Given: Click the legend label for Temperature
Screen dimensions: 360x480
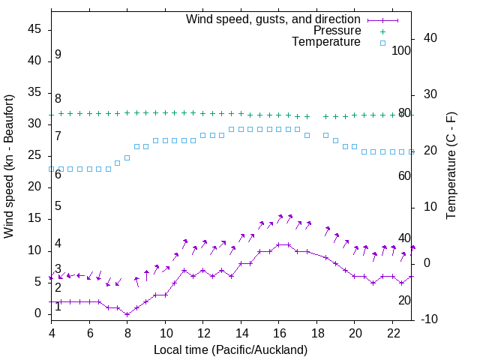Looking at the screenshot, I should click(x=326, y=43).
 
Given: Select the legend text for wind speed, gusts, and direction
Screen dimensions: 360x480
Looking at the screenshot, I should click(x=273, y=19).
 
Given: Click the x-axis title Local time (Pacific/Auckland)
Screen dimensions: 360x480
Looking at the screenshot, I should click(x=230, y=349).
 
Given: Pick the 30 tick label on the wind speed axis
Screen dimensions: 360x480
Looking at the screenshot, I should click(x=34, y=124).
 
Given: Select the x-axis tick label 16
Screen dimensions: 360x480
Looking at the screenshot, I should click(x=279, y=332).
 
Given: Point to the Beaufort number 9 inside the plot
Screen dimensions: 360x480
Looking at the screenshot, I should click(x=58, y=55).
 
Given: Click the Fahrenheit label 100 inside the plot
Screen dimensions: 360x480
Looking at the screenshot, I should click(x=402, y=50).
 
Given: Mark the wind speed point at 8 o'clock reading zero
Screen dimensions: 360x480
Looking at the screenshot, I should click(x=127, y=313).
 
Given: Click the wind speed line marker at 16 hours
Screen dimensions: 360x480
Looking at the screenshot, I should click(x=279, y=244).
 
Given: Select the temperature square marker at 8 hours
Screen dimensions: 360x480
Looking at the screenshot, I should click(x=127, y=157).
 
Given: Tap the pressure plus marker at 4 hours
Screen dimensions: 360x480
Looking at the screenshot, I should click(x=51, y=114).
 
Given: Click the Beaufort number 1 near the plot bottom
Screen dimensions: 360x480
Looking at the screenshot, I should click(x=58, y=307).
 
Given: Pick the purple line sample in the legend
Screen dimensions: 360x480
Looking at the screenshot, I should click(x=382, y=19).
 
